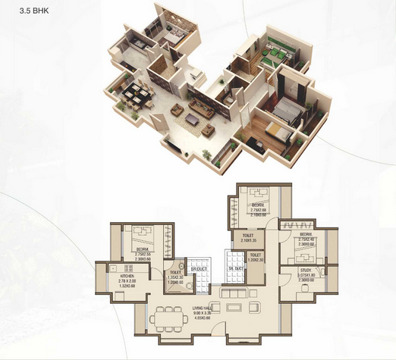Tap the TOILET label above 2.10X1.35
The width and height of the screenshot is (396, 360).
248,236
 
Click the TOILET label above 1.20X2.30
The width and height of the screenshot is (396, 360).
256,255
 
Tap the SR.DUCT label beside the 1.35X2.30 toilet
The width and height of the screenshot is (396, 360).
199,269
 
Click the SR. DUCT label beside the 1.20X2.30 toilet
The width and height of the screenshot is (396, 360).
234,269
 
